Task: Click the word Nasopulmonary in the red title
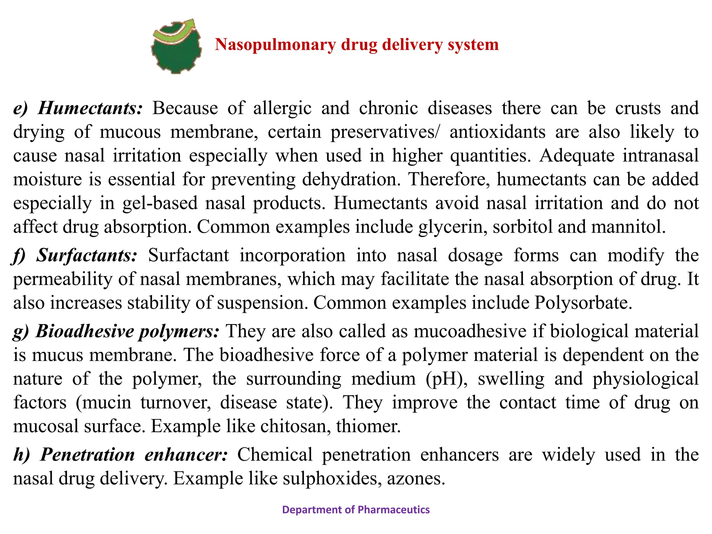[275, 45]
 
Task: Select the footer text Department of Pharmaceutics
[356, 510]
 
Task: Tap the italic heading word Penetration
[87, 455]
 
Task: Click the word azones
[416, 479]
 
